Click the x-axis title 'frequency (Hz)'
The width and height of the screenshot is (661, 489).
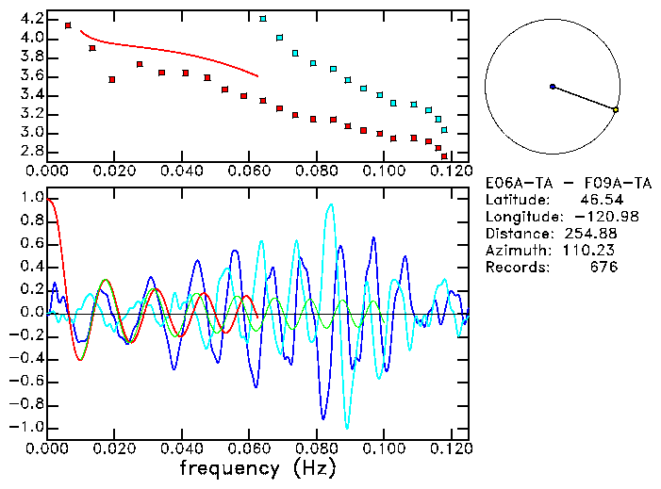pyautogui.click(x=258, y=467)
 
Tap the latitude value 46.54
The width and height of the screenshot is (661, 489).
pyautogui.click(x=596, y=200)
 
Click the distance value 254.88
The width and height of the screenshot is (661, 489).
pyautogui.click(x=590, y=234)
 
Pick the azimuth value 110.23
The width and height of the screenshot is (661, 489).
pyautogui.click(x=590, y=251)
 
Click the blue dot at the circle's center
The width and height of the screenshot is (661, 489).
pyautogui.click(x=553, y=87)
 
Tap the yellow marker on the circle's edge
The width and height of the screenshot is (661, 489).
pyautogui.click(x=616, y=110)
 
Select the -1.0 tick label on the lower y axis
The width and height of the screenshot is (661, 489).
pyautogui.click(x=26, y=427)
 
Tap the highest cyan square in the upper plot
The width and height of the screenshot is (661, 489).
pyautogui.click(x=263, y=18)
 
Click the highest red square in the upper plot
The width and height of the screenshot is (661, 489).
pyautogui.click(x=68, y=25)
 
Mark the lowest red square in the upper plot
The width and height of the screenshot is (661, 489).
pyautogui.click(x=444, y=155)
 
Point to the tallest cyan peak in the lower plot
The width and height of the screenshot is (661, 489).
pyautogui.click(x=330, y=204)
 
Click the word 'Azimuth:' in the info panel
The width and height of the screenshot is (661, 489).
pyautogui.click(x=516, y=251)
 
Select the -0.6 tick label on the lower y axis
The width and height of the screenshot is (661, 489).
pyautogui.click(x=26, y=381)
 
